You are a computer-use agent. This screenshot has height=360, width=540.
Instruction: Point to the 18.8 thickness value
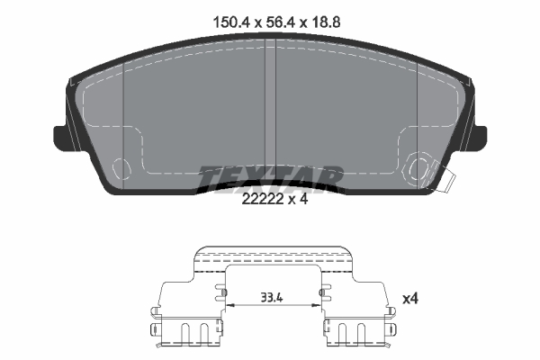(326, 22)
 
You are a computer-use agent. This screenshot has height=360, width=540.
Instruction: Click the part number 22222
(263, 199)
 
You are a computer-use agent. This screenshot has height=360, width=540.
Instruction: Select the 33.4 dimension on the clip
(272, 297)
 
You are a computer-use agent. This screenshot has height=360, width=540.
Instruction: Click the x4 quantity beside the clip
(410, 298)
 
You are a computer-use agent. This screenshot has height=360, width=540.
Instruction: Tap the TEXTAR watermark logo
(270, 179)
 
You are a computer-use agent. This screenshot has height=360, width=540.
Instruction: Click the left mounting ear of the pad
(60, 138)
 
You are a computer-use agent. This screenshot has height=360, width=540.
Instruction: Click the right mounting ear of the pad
(480, 138)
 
